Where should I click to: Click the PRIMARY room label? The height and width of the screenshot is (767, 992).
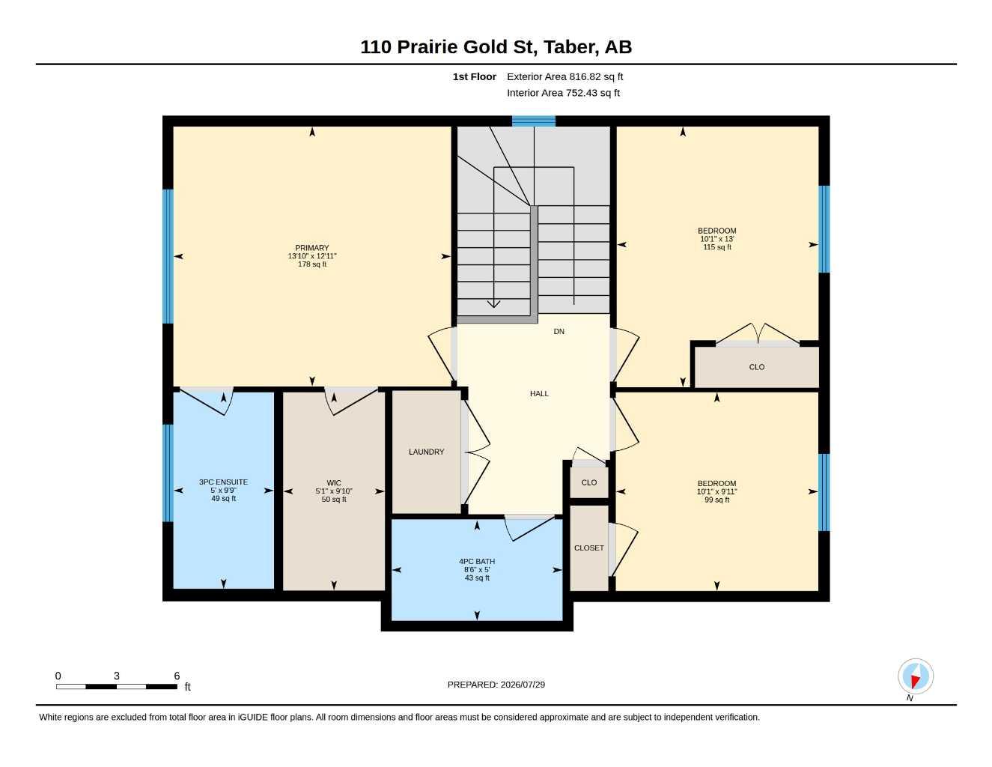(x=311, y=248)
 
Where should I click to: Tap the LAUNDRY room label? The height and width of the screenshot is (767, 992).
(x=426, y=452)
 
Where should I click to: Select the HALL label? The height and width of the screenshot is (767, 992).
(x=539, y=393)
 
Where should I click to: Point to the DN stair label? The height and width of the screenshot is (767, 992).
(x=559, y=332)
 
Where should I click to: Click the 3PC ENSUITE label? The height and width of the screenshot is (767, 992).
(x=223, y=482)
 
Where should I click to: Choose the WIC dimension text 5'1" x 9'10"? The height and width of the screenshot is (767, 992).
(x=334, y=491)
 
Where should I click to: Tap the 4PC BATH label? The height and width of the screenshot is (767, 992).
(x=477, y=562)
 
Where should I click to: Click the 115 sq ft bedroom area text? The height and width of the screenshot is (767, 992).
(x=717, y=247)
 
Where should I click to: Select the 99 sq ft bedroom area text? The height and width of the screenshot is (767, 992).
(x=716, y=500)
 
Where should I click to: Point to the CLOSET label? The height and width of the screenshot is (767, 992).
(x=589, y=548)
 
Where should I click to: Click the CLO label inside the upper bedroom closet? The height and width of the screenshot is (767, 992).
(x=756, y=367)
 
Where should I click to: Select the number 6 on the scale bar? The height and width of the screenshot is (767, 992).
(x=177, y=676)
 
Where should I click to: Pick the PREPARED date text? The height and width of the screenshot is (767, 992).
(x=496, y=685)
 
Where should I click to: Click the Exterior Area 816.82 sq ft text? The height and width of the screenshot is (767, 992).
(x=565, y=76)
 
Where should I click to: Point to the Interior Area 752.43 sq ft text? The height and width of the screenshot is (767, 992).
(x=563, y=93)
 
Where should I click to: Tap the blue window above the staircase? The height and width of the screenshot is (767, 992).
(x=533, y=121)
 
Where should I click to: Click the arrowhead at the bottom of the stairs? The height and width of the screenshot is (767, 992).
(x=493, y=304)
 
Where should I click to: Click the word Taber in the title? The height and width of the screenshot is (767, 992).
(x=570, y=47)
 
